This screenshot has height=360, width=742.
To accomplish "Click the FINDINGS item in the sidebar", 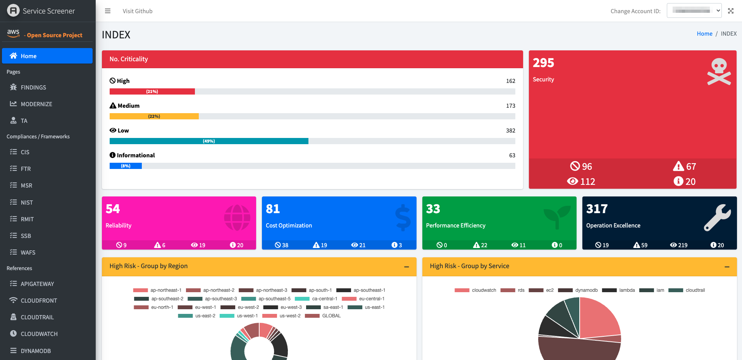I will pos(33,88).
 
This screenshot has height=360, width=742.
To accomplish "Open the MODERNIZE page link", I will pos(36,104).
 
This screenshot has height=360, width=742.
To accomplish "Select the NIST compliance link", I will pos(26,203).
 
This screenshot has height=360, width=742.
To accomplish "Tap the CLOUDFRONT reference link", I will pos(38,301).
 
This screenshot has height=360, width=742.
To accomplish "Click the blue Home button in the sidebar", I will pos(47,56).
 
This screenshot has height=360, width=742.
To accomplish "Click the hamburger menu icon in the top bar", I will pos(108,11).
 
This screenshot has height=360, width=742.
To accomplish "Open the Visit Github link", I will pos(138,11).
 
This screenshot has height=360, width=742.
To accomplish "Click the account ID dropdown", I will pos(694,11).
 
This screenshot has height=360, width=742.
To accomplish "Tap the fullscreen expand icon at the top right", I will pos(731,11).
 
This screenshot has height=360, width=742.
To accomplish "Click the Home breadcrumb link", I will pos(704,34).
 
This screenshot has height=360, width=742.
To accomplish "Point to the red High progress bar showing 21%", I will pos(152,91).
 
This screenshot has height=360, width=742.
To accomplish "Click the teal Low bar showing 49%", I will pos(209,141).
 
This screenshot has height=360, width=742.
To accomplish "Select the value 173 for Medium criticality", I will pos(510,106).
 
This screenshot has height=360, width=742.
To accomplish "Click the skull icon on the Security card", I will pos(719,71).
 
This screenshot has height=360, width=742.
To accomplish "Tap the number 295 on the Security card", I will pos(543,63).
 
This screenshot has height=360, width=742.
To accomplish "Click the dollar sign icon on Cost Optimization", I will pos(403,218).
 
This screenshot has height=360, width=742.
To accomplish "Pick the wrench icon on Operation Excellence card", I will pos(717,218).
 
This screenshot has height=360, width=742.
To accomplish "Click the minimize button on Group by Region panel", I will pos(406,267).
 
